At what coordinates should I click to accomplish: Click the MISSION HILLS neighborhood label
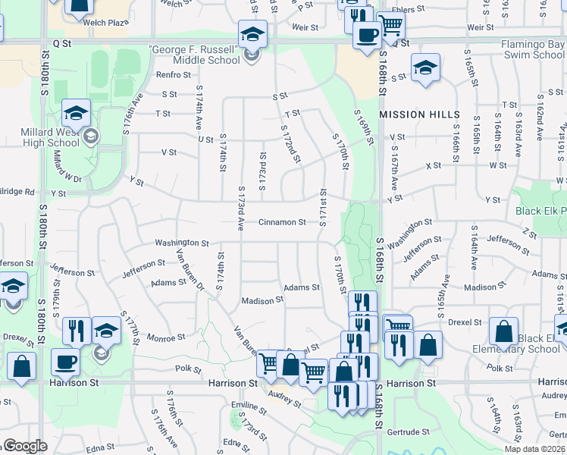[x=419, y=115]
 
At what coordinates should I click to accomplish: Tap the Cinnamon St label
[x=282, y=223]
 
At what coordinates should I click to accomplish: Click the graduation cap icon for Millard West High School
[x=76, y=113]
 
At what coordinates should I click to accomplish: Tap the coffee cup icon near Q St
[x=368, y=34]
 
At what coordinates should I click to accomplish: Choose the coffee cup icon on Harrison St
[x=66, y=361]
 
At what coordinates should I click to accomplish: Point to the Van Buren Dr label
[x=190, y=269]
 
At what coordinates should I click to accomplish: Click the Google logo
[x=25, y=446]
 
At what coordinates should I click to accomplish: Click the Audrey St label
[x=285, y=398]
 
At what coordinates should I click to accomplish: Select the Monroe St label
[x=166, y=337]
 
